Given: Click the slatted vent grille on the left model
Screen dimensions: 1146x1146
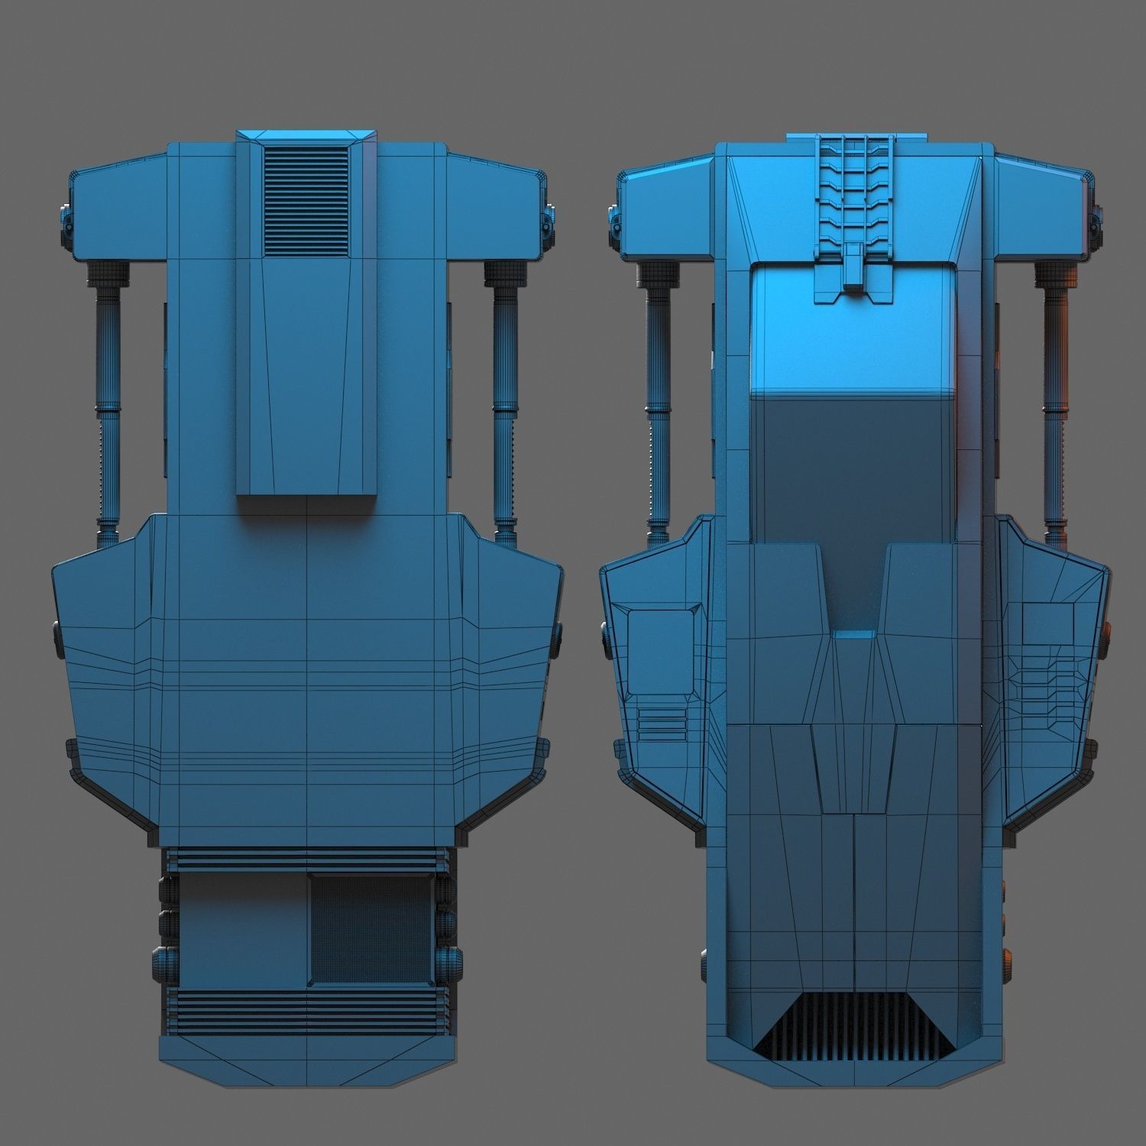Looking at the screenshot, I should (x=306, y=200).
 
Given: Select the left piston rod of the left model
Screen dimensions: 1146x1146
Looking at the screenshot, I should (x=108, y=397).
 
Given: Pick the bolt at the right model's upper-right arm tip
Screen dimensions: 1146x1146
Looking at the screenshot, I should (x=1097, y=222).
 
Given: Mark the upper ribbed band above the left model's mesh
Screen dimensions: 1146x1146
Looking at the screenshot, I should (x=306, y=859).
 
